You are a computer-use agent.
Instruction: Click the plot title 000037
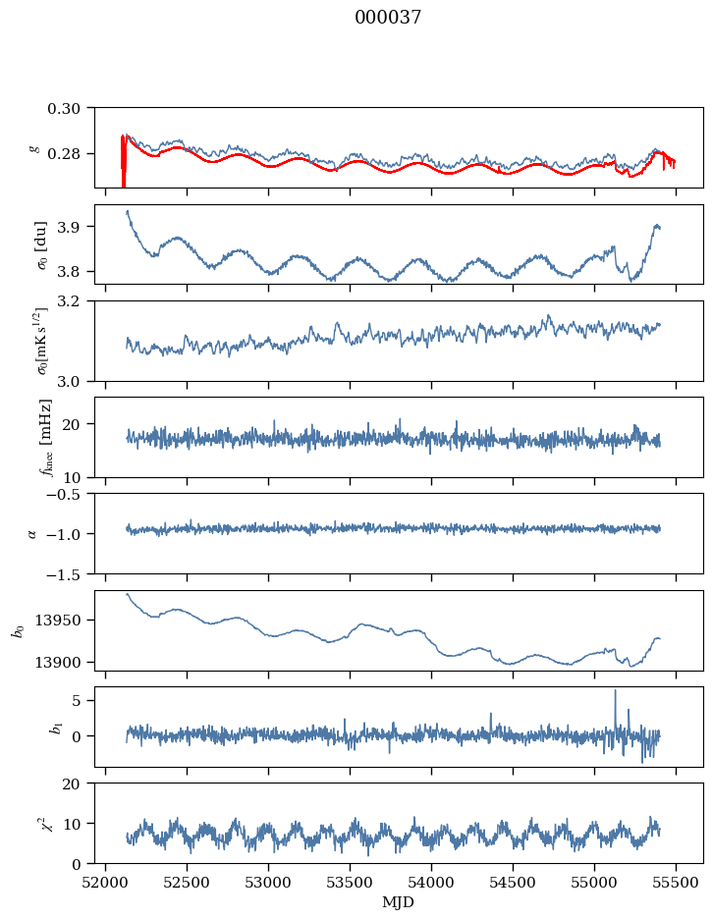point(388,17)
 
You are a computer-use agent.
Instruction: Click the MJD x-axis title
point(398,902)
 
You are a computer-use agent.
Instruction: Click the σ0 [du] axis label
point(41,245)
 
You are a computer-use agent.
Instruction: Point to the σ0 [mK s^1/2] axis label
point(42,341)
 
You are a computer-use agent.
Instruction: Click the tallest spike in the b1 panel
point(616,690)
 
